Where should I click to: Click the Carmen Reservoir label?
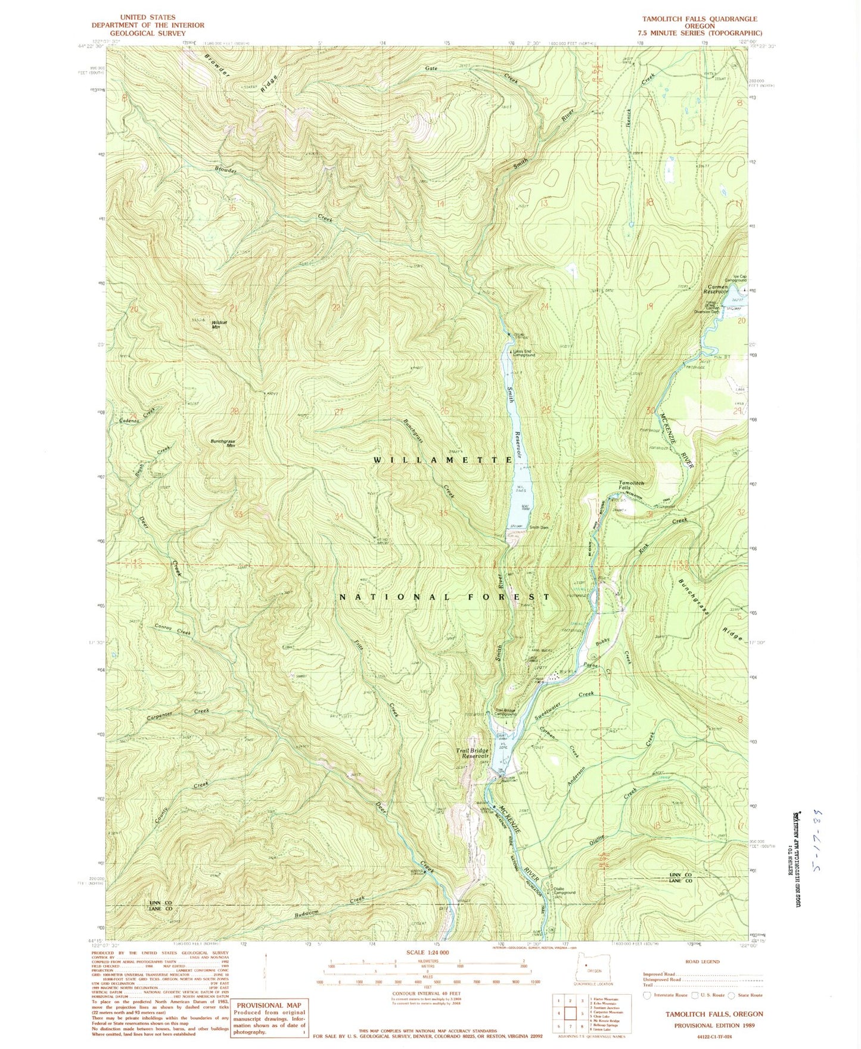(715, 289)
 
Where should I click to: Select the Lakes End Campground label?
(523, 353)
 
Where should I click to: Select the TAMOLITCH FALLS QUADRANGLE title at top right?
(697, 19)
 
